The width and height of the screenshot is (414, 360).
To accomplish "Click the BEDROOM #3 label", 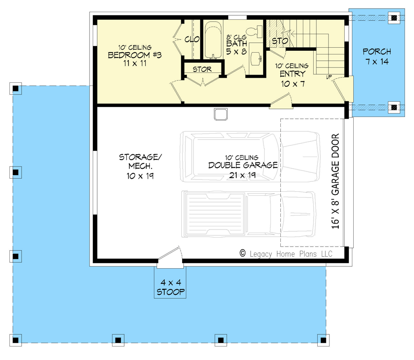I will [135, 55].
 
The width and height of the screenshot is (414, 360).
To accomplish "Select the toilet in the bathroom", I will [256, 31].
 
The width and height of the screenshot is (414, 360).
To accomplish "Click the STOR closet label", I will [202, 69].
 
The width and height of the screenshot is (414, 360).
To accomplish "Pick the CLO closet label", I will [192, 40].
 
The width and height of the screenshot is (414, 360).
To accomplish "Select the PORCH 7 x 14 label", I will [377, 56].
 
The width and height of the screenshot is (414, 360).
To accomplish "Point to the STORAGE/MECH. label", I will [140, 166].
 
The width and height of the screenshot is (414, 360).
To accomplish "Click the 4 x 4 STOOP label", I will [171, 288].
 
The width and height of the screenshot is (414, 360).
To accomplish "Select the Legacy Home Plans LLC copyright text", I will [286, 254].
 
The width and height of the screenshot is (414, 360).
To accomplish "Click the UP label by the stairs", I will [329, 77].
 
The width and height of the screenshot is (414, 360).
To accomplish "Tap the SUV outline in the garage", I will [247, 155].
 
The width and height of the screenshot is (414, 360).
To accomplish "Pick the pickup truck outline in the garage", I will [247, 214].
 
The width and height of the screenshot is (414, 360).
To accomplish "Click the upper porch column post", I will [394, 18].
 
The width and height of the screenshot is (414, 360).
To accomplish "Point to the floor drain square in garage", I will [220, 114].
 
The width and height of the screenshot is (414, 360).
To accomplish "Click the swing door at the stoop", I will [171, 255].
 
